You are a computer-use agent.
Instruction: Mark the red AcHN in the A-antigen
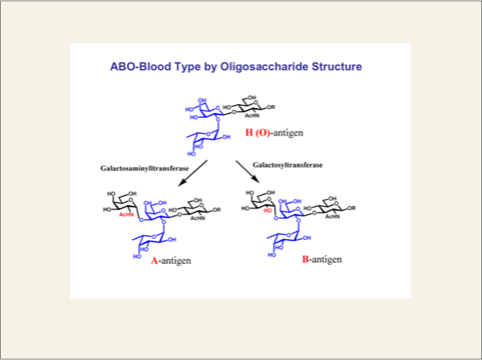pyautogui.click(x=125, y=215)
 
